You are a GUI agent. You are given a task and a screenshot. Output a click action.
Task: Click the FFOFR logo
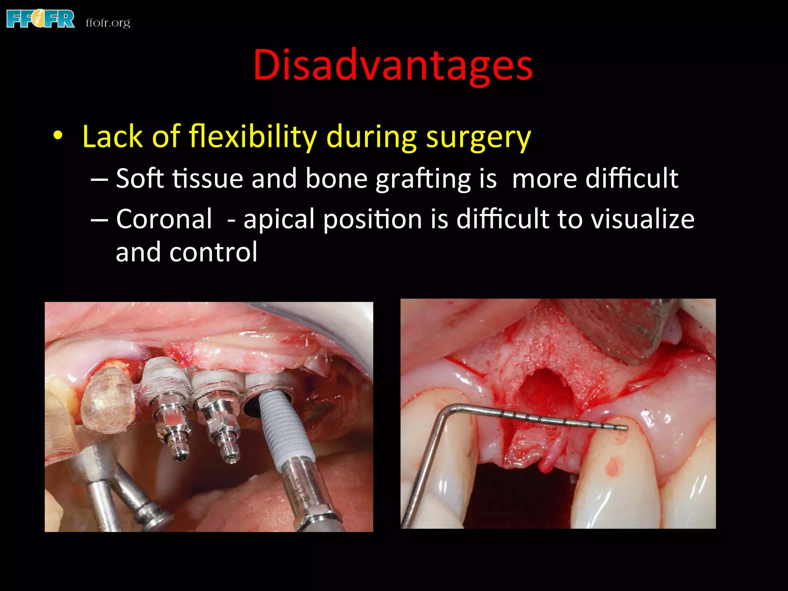(x=40, y=19)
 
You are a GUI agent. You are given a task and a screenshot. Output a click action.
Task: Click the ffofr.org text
(x=108, y=23)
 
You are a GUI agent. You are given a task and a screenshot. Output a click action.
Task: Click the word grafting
(x=423, y=179)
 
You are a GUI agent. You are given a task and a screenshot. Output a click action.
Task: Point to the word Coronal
(x=164, y=219)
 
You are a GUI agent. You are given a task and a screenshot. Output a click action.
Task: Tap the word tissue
(x=208, y=179)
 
